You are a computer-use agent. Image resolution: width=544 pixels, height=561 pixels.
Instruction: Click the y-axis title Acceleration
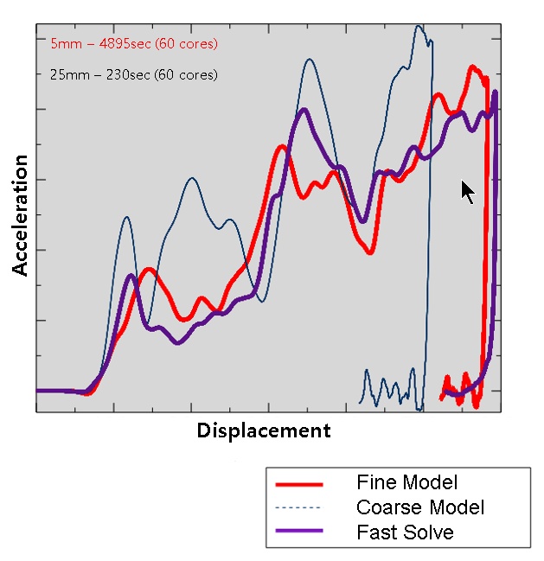(x=20, y=215)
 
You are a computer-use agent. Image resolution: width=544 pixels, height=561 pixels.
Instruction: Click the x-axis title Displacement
(x=264, y=430)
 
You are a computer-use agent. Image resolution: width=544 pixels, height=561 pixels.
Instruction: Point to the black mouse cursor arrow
(x=466, y=190)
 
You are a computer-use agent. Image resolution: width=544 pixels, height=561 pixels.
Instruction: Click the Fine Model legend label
(x=406, y=482)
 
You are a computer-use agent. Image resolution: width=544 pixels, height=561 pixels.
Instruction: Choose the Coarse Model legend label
(x=420, y=507)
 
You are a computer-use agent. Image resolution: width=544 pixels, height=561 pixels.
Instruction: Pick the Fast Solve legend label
(x=405, y=532)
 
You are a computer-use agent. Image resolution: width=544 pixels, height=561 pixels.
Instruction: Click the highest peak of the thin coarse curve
(x=419, y=26)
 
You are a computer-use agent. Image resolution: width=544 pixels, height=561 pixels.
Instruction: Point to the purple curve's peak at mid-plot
(x=304, y=110)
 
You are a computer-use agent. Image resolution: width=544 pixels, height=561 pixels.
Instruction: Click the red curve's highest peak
(x=473, y=67)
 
